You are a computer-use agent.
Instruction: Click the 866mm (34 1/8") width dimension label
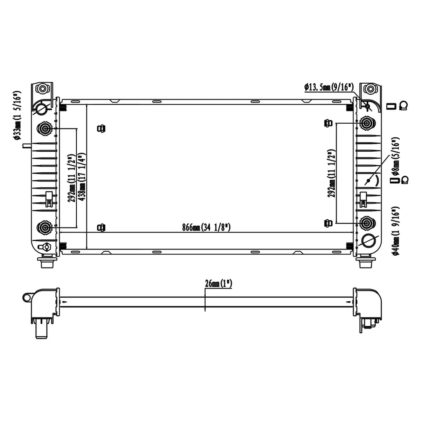tap(207, 228)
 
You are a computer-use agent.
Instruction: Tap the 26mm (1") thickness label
tap(218, 283)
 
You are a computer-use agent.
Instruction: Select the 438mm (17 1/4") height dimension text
tap(82, 177)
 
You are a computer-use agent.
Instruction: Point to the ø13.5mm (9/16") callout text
tap(329, 87)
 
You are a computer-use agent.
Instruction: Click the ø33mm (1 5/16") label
tap(17, 116)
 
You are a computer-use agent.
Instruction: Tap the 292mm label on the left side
tap(71, 177)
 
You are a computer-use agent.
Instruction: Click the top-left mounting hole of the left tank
tap(42, 89)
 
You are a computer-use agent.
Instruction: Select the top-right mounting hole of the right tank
tap(371, 89)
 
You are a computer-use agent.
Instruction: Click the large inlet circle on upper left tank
tap(41, 107)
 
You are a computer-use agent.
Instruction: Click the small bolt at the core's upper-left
tap(101, 128)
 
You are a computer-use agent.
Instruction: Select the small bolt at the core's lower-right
tap(327, 223)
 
